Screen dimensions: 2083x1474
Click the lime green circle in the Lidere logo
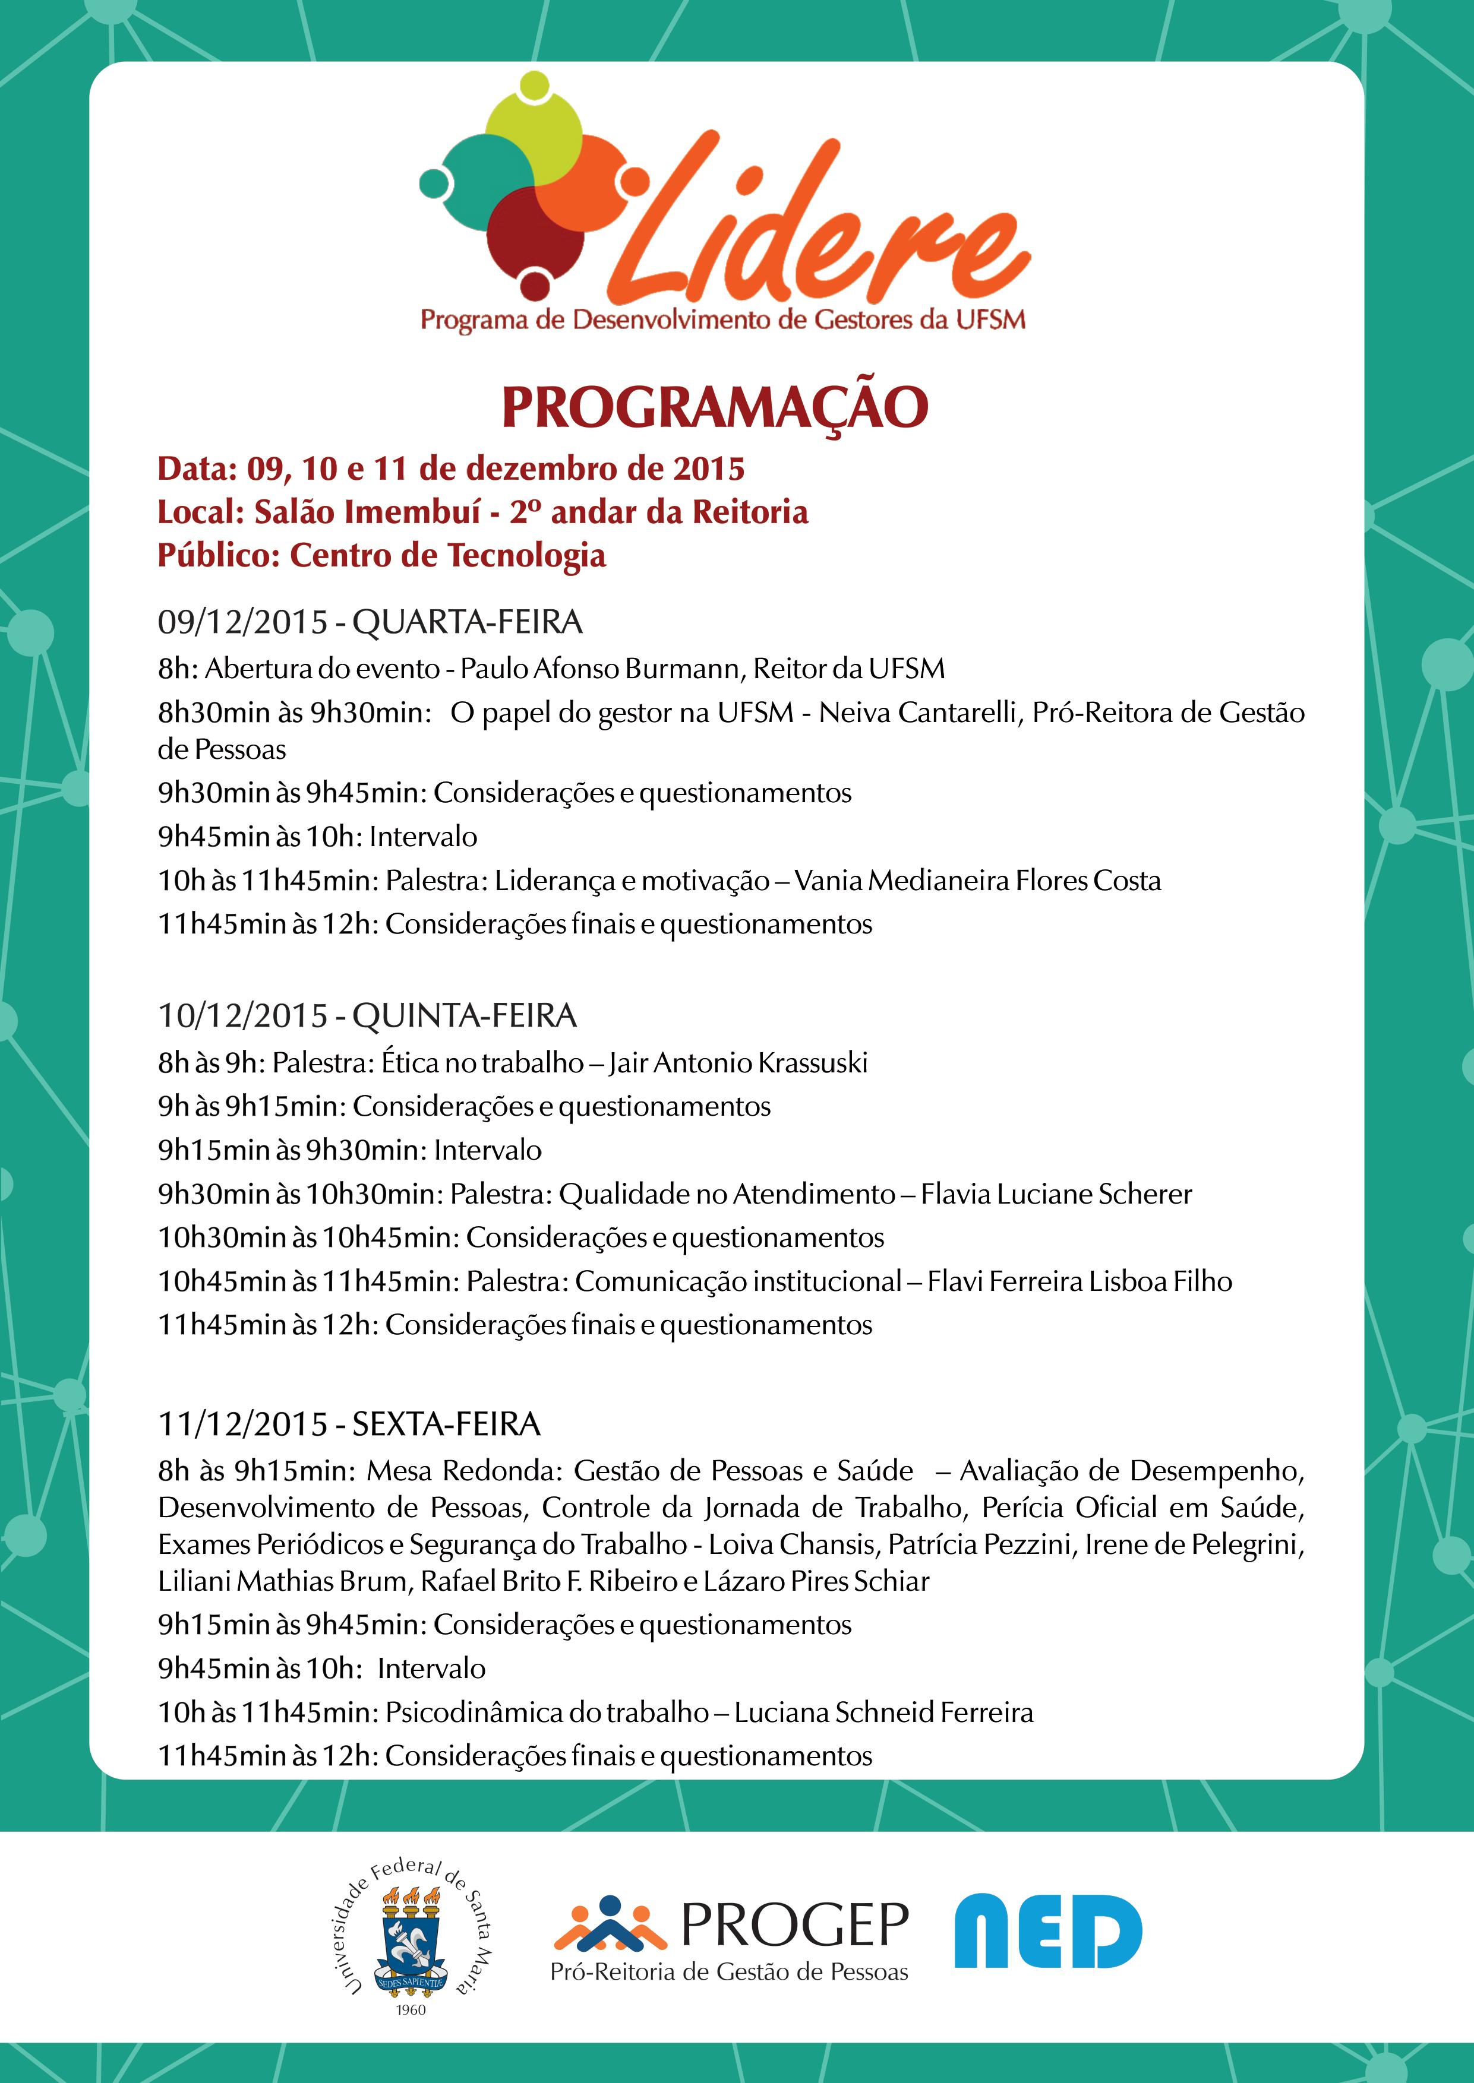click(534, 136)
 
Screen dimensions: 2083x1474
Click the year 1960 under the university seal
click(411, 2009)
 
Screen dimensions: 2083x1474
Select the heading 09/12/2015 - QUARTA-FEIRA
click(370, 622)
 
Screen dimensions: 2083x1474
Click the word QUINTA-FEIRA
click(464, 1015)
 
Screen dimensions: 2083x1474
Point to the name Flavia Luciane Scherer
click(1056, 1194)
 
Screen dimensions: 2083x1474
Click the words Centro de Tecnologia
click(447, 555)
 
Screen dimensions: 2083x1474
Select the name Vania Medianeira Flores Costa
click(977, 880)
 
